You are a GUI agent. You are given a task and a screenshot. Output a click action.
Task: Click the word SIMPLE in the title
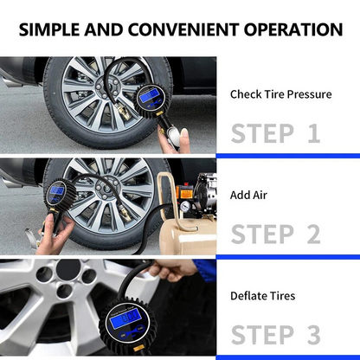pyautogui.click(x=48, y=29)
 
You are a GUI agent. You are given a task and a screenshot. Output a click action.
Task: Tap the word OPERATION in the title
pyautogui.click(x=293, y=29)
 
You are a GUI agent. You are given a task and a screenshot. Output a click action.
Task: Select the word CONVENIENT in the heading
pyautogui.click(x=183, y=29)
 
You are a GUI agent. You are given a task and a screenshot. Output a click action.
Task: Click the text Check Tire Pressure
pyautogui.click(x=281, y=94)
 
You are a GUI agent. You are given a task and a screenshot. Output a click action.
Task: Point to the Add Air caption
pyautogui.click(x=248, y=196)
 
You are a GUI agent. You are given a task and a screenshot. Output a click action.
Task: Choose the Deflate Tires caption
pyautogui.click(x=263, y=296)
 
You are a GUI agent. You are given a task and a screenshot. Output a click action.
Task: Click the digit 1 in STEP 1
pyautogui.click(x=314, y=133)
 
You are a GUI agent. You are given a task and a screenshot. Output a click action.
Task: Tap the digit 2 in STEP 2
pyautogui.click(x=314, y=234)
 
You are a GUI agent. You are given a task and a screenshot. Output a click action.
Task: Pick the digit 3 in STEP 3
pyautogui.click(x=314, y=335)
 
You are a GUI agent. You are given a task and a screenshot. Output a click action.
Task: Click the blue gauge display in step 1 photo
pyautogui.click(x=150, y=95)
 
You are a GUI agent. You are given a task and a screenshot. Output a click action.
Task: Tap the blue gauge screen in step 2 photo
pyautogui.click(x=57, y=190)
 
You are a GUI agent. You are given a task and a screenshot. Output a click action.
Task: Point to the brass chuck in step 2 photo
pyautogui.click(x=124, y=213)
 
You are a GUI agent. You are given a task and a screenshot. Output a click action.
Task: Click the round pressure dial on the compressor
pyautogui.click(x=185, y=206)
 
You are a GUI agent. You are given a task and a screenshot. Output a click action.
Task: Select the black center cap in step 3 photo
pyautogui.click(x=68, y=270)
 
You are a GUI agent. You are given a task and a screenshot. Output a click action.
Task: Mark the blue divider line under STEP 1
pyautogui.click(x=288, y=156)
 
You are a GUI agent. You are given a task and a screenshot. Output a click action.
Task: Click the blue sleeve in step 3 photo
pyautogui.click(x=205, y=270)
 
